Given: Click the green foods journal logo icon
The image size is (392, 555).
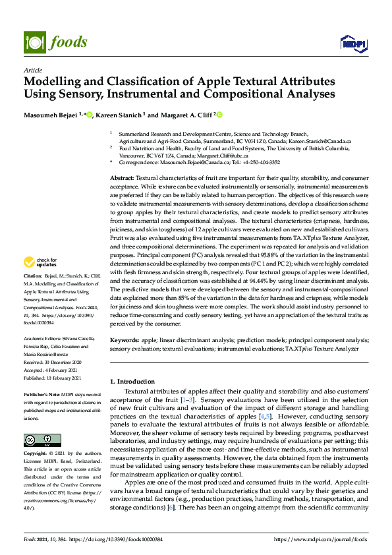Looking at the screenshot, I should pyautogui.click(x=34, y=42).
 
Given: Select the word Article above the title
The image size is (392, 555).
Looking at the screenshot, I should pyautogui.click(x=32, y=70).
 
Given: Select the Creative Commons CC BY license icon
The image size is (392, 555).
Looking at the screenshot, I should pyautogui.click(x=38, y=421).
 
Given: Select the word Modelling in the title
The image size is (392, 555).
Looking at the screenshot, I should pyautogui.click(x=56, y=82).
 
